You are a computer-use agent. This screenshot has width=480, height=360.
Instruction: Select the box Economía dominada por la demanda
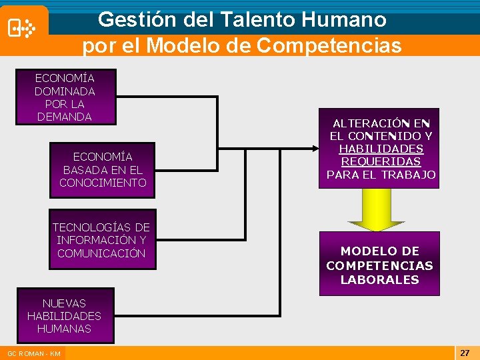[65, 97]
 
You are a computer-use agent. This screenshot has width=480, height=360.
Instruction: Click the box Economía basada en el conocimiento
[102, 170]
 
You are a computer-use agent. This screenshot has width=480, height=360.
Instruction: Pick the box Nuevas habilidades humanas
[65, 315]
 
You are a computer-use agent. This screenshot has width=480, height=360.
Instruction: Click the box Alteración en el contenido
[379, 149]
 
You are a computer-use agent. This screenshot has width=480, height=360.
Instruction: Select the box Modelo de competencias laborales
[379, 264]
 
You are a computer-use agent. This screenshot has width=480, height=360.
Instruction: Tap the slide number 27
[464, 351]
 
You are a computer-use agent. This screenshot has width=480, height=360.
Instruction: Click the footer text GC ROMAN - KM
[34, 353]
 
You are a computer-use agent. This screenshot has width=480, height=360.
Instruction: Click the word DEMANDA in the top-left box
[65, 117]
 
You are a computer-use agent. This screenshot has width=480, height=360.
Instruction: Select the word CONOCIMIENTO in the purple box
[102, 183]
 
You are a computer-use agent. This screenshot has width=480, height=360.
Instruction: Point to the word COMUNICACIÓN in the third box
[101, 253]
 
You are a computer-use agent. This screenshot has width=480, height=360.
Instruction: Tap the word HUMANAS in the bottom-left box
[65, 329]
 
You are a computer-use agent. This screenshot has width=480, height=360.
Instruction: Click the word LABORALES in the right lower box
[379, 280]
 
